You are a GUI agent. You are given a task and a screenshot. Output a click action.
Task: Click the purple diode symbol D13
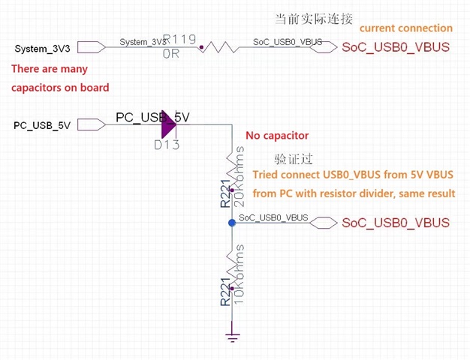[167, 124]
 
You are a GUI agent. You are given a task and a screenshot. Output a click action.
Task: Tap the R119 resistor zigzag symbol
[220, 47]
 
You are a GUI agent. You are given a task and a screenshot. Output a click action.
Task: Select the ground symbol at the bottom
[232, 334]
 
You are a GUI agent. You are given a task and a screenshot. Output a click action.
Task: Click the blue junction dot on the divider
[232, 223]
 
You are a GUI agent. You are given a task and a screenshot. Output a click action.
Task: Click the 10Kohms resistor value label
[240, 268]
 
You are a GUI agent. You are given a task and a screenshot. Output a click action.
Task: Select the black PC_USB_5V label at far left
[42, 125]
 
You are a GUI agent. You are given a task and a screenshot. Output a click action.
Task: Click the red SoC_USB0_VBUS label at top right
[396, 47]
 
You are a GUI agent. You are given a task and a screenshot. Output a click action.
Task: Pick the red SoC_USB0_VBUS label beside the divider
[396, 223]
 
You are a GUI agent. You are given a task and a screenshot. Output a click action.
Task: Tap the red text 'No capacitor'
[277, 136]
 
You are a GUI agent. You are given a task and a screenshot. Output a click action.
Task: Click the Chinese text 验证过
[294, 160]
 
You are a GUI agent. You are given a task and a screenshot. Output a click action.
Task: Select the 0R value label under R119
[171, 55]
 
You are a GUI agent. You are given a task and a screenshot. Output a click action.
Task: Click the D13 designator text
[167, 145]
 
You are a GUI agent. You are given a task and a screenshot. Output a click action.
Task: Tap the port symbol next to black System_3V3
[91, 48]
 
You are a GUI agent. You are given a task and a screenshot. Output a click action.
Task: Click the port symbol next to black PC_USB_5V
[91, 124]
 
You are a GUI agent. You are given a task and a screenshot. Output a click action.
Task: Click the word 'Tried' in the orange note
[267, 175]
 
